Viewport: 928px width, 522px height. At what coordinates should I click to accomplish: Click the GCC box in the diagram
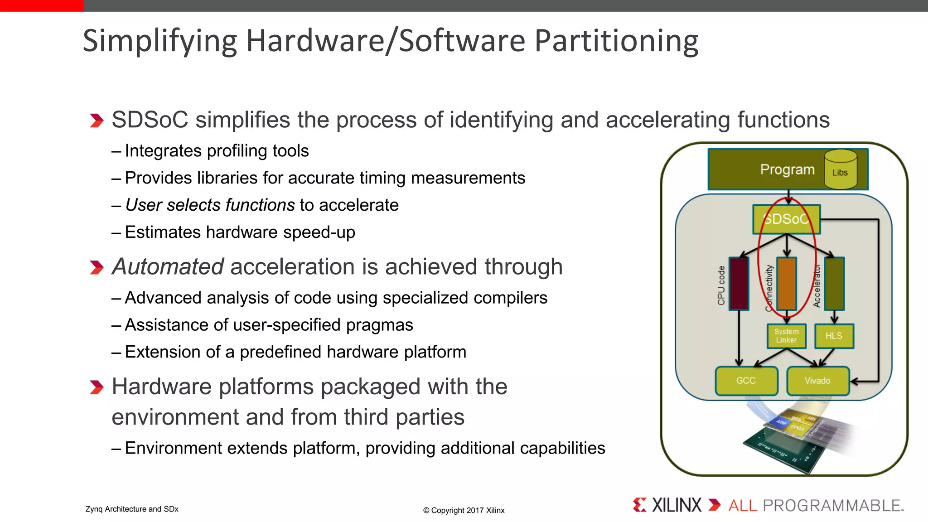pyautogui.click(x=746, y=381)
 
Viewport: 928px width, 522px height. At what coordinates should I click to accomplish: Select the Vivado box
pyautogui.click(x=817, y=381)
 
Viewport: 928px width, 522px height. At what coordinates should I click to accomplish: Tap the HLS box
pyautogui.click(x=834, y=336)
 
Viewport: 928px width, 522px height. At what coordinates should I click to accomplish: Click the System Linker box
pyautogui.click(x=786, y=336)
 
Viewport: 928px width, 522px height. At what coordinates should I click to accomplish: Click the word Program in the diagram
pyautogui.click(x=787, y=169)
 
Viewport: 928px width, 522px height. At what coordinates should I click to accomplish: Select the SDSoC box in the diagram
pyautogui.click(x=786, y=219)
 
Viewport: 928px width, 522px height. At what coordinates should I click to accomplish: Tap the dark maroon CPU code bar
pyautogui.click(x=739, y=284)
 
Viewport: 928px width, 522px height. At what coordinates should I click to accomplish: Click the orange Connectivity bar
pyautogui.click(x=787, y=284)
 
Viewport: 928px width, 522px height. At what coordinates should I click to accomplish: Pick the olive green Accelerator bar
pyautogui.click(x=834, y=284)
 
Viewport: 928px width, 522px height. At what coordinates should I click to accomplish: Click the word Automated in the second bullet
pyautogui.click(x=168, y=266)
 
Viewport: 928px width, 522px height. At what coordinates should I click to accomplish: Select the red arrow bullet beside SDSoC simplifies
pyautogui.click(x=96, y=121)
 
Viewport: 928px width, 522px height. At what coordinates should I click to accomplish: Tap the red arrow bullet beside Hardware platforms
pyautogui.click(x=96, y=387)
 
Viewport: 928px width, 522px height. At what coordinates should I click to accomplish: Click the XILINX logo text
pyautogui.click(x=676, y=505)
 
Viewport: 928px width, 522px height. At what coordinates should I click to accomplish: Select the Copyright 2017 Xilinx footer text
pyautogui.click(x=464, y=510)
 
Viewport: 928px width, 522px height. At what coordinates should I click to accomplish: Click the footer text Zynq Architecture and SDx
pyautogui.click(x=132, y=509)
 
